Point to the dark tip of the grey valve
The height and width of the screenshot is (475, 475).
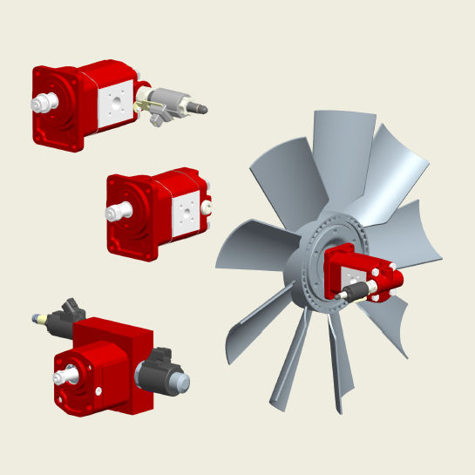pyautogui.click(x=203, y=109)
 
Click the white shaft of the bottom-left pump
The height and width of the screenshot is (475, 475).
pyautogui.click(x=64, y=378)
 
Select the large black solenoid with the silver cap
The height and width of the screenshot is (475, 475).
pyautogui.click(x=156, y=370)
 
